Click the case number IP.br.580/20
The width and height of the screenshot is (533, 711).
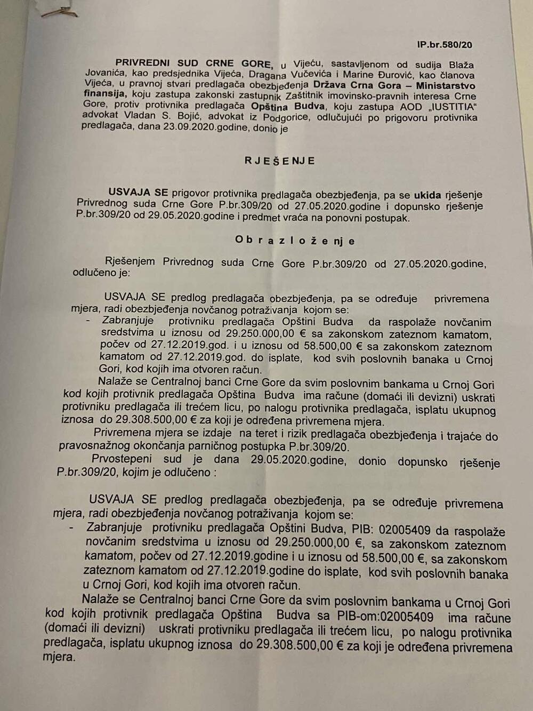click(x=445, y=44)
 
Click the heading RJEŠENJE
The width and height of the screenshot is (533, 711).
click(x=280, y=161)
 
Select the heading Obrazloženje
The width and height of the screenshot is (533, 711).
click(x=295, y=241)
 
